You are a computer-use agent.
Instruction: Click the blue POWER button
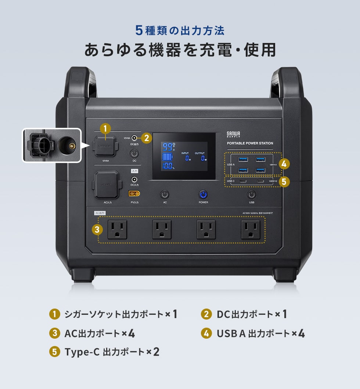pos(203,195)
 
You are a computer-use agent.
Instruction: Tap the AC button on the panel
pos(165,195)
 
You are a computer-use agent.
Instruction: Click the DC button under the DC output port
pos(135,154)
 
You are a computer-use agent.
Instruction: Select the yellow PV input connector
pos(134,194)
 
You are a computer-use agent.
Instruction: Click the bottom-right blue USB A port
pos(260,170)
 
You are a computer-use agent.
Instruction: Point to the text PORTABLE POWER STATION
pos(250,143)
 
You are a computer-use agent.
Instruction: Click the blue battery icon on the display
pos(167,157)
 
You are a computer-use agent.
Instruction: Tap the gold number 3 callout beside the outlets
pos(97,230)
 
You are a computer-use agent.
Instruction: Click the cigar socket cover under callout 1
pos(105,145)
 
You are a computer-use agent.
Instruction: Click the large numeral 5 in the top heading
pos(139,30)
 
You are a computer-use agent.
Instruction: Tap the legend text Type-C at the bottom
pos(81,352)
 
